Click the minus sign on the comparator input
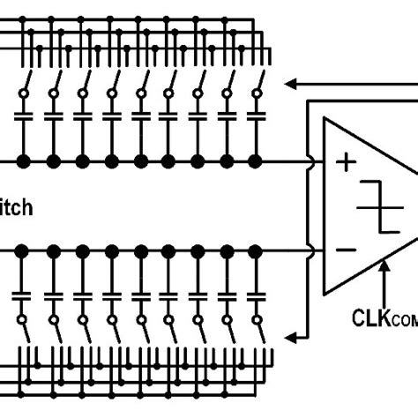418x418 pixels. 347,250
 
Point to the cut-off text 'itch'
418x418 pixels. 16,207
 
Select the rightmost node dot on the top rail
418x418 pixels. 256,161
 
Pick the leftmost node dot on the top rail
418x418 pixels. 24,161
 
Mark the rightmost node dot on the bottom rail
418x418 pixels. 256,251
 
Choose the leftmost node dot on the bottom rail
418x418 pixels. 24,251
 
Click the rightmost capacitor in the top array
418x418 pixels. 256,116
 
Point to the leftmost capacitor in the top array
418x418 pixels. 24,116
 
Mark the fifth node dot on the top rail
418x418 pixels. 139,161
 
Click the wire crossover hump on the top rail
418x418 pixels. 310,161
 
